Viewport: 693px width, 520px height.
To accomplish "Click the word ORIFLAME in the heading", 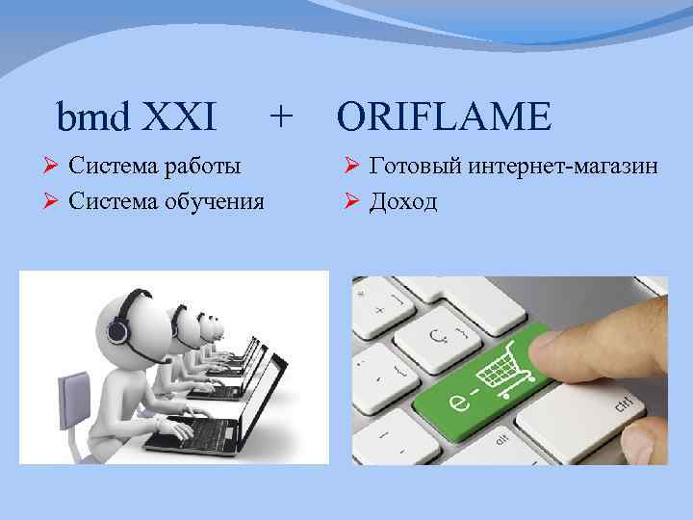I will [445, 117].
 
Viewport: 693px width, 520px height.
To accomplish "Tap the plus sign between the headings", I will [280, 117].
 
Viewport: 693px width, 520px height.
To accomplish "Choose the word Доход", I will [402, 201].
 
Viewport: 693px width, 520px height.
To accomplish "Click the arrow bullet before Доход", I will [350, 201].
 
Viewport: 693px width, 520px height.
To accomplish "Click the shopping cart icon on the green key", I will [513, 369].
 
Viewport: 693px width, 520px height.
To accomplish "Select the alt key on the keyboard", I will [501, 438].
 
